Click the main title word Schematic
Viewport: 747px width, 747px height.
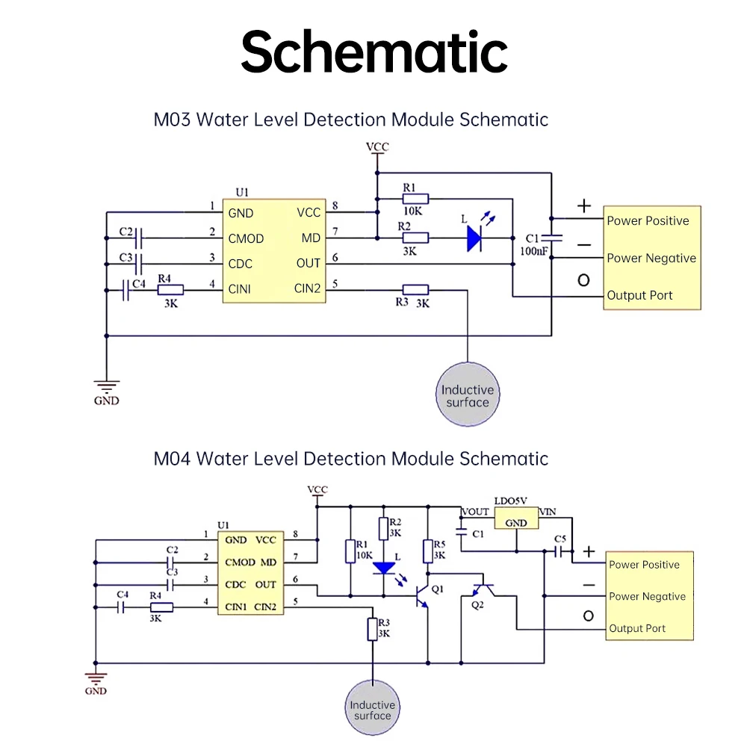[x=373, y=51]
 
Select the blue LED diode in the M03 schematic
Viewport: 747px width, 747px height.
[x=473, y=238]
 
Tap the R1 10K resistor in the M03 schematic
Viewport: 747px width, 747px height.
[x=415, y=199]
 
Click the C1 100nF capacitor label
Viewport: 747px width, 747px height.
[x=534, y=244]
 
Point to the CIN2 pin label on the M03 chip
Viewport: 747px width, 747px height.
[x=307, y=288]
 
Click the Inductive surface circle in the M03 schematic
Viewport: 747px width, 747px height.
[x=467, y=395]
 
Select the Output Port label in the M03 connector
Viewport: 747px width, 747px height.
[x=639, y=295]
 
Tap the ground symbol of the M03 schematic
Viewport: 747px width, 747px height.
[x=107, y=388]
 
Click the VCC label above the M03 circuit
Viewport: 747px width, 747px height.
[x=377, y=147]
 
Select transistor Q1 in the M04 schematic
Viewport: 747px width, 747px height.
[x=423, y=595]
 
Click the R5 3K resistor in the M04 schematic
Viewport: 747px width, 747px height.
[x=427, y=551]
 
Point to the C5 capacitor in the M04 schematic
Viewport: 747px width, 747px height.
[x=559, y=551]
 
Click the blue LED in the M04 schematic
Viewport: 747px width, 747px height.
[x=384, y=568]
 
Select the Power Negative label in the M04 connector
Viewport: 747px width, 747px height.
[x=647, y=596]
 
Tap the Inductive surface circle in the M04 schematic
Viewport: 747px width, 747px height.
[x=372, y=710]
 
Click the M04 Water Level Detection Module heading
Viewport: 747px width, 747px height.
[x=351, y=458]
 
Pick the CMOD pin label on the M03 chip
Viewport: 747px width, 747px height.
[x=246, y=238]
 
